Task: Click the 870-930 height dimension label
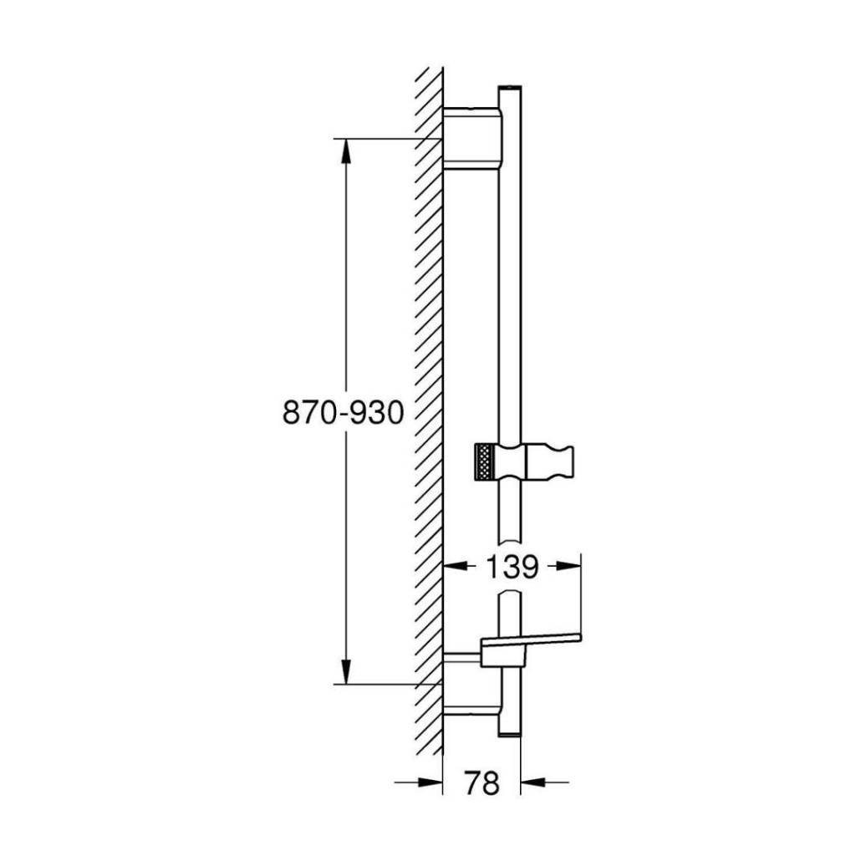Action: [x=343, y=412]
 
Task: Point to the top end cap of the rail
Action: [x=510, y=89]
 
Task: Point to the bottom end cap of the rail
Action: [x=510, y=733]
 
